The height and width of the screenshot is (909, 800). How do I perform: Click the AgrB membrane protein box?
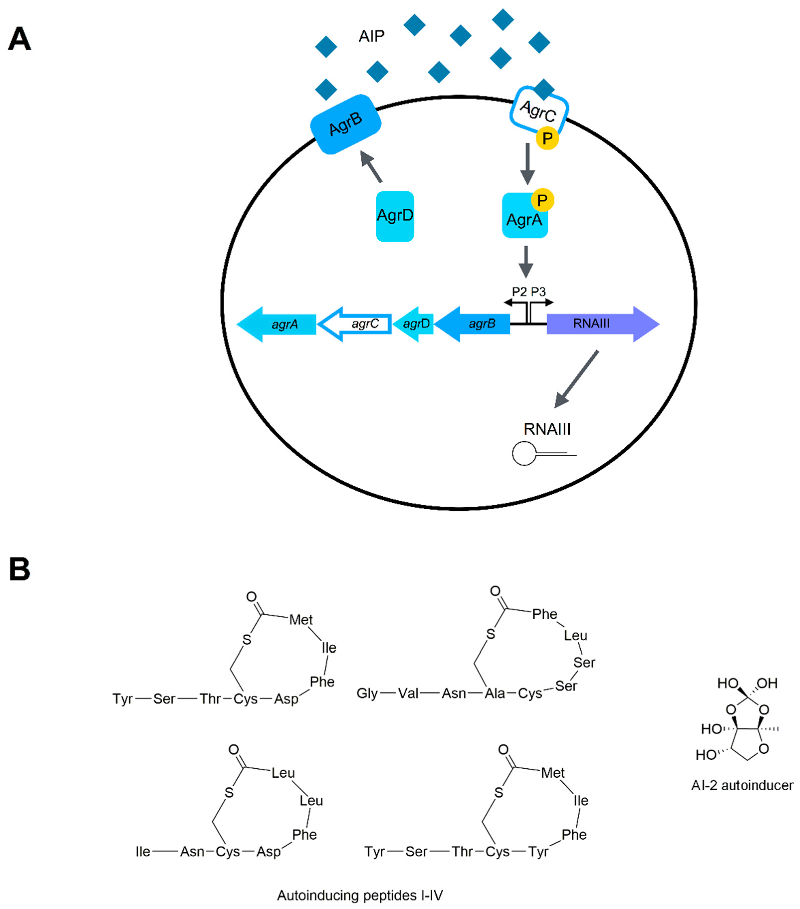coord(346,124)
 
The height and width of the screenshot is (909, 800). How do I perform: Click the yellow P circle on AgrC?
coord(547,138)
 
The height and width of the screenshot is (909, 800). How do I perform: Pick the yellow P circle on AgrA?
coord(542,201)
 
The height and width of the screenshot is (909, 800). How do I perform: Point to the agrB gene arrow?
coord(474,324)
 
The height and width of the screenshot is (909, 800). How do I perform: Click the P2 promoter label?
coord(519,292)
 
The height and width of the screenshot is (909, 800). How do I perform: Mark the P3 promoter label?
coord(538,292)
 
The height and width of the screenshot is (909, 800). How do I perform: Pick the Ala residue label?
coord(495,694)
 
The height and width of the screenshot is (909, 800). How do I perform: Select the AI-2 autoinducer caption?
coord(742,785)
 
